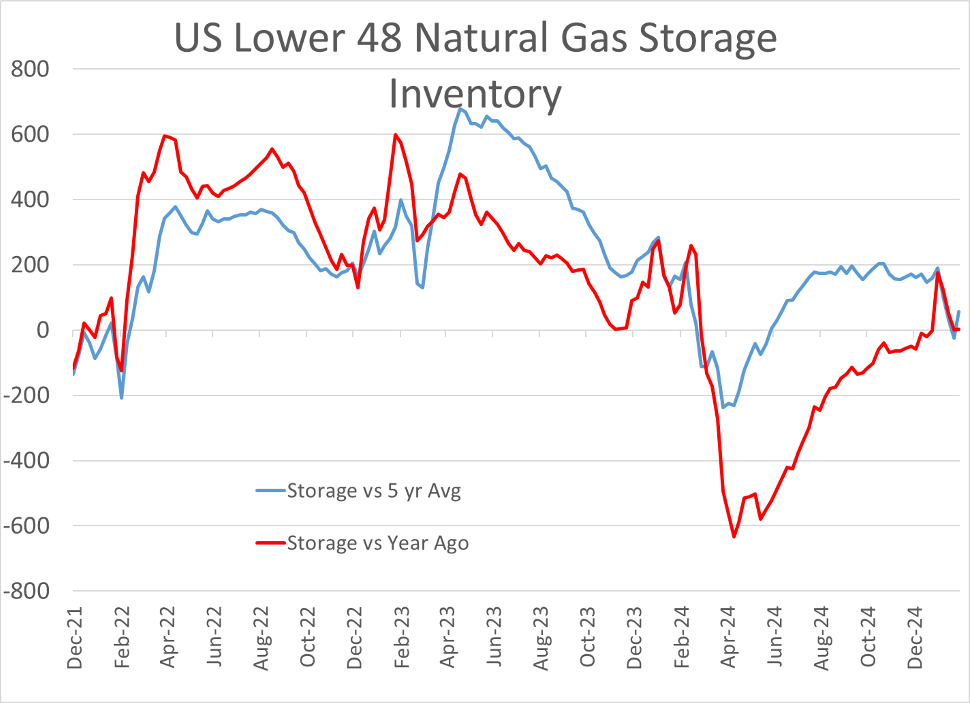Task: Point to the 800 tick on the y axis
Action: click(x=30, y=69)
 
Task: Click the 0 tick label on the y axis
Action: click(x=43, y=330)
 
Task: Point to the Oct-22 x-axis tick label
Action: click(x=307, y=637)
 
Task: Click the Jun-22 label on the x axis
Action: click(x=214, y=637)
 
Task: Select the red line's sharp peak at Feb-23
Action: click(x=395, y=134)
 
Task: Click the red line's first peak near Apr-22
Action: click(x=165, y=136)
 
